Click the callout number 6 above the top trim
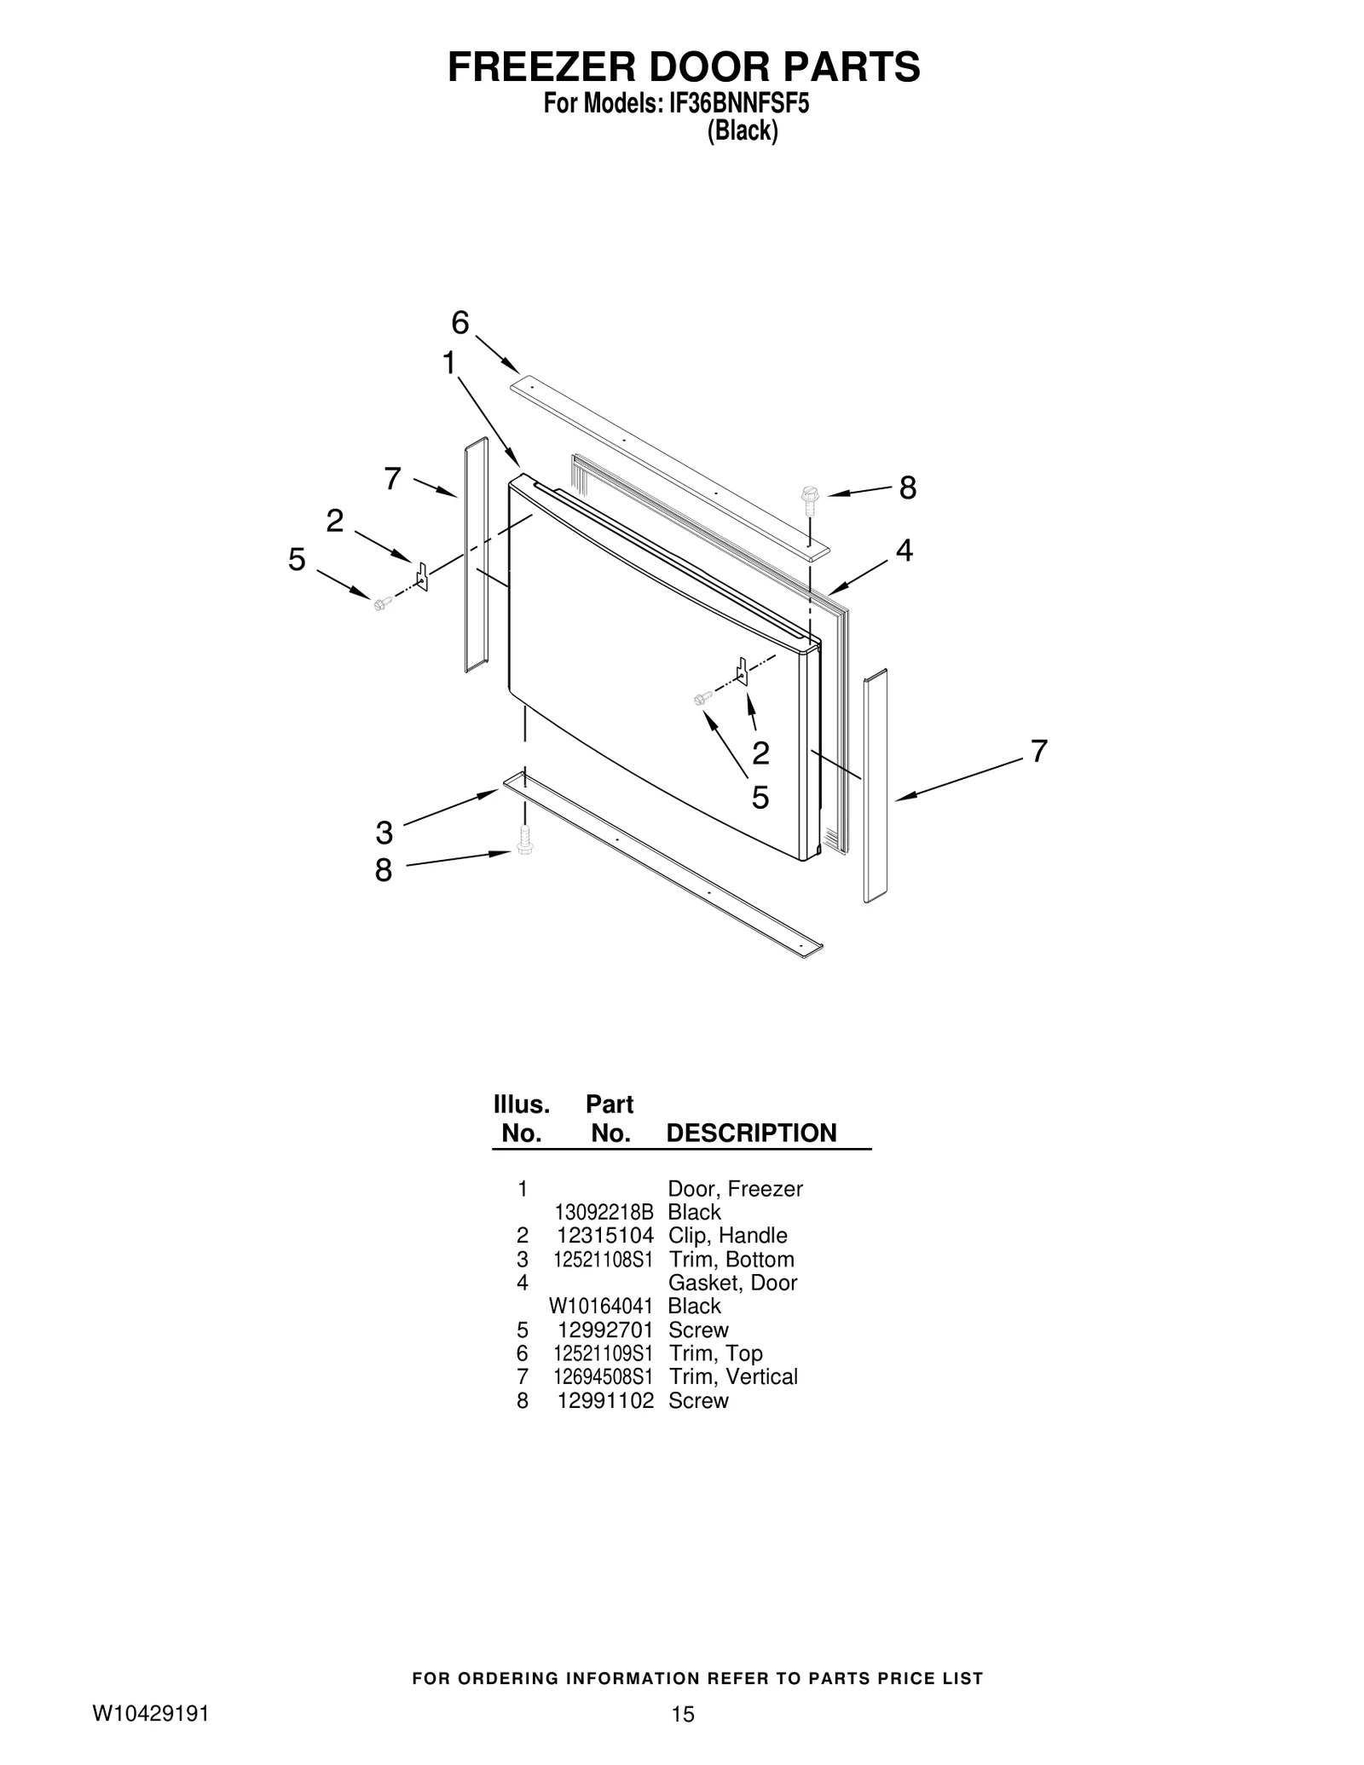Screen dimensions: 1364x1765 pos(459,323)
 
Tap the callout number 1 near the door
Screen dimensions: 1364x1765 pos(448,363)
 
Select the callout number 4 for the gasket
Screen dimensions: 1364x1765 pos(904,551)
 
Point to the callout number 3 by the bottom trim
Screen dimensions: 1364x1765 pos(384,832)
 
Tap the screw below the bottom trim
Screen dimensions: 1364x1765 pos(523,840)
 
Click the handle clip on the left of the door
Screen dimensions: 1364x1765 pos(421,576)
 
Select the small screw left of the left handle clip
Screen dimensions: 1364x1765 pos(381,603)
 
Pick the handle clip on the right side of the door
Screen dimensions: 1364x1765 pos(742,672)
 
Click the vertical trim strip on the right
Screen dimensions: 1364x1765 pos(876,786)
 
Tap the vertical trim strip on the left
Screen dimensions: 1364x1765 pos(476,555)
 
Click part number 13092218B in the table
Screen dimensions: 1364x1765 pos(604,1212)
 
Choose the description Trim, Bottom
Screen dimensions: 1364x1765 pos(731,1259)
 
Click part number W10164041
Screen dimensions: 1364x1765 pos(601,1306)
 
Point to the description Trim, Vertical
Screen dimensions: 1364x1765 pos(733,1376)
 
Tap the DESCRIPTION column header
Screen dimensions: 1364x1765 pos(751,1133)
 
